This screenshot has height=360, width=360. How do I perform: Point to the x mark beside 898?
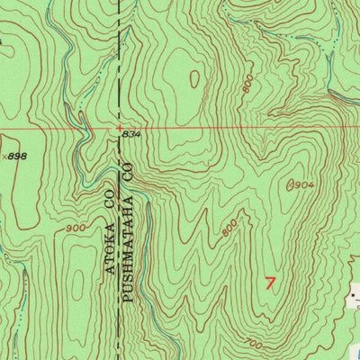coord(4,157)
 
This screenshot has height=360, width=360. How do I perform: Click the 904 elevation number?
coord(302,185)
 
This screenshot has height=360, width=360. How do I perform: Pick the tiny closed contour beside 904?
coord(289,185)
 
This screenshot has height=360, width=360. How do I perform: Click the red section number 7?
coord(272,283)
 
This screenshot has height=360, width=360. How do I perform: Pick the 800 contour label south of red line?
coord(229,229)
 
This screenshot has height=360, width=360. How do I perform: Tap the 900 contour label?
coord(76,229)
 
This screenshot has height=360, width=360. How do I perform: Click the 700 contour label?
coord(254,340)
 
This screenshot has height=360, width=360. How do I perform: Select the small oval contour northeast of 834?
coord(194,79)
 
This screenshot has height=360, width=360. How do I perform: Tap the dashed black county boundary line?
coord(121,54)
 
